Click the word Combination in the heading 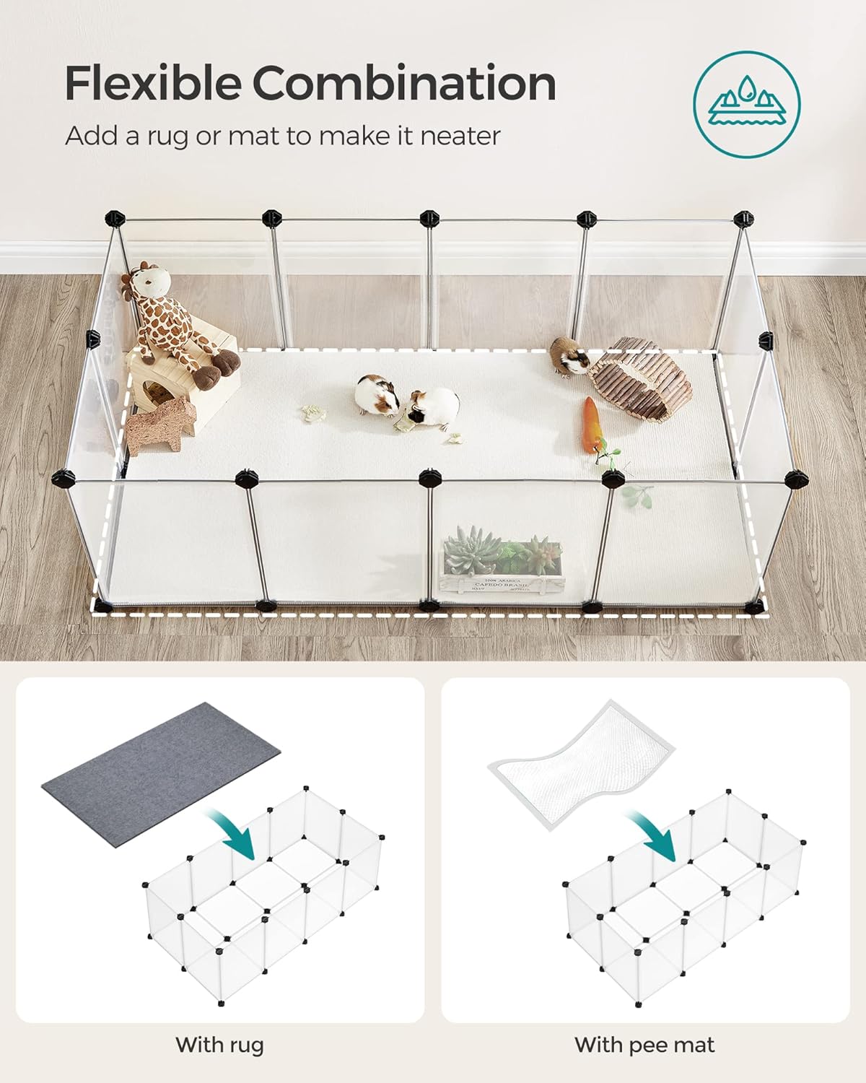tap(404, 83)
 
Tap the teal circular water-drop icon tap(747, 104)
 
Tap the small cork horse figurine tap(160, 427)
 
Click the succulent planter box tap(501, 567)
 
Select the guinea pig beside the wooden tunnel tap(569, 355)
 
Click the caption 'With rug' tap(219, 1044)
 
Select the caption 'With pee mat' tap(644, 1044)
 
